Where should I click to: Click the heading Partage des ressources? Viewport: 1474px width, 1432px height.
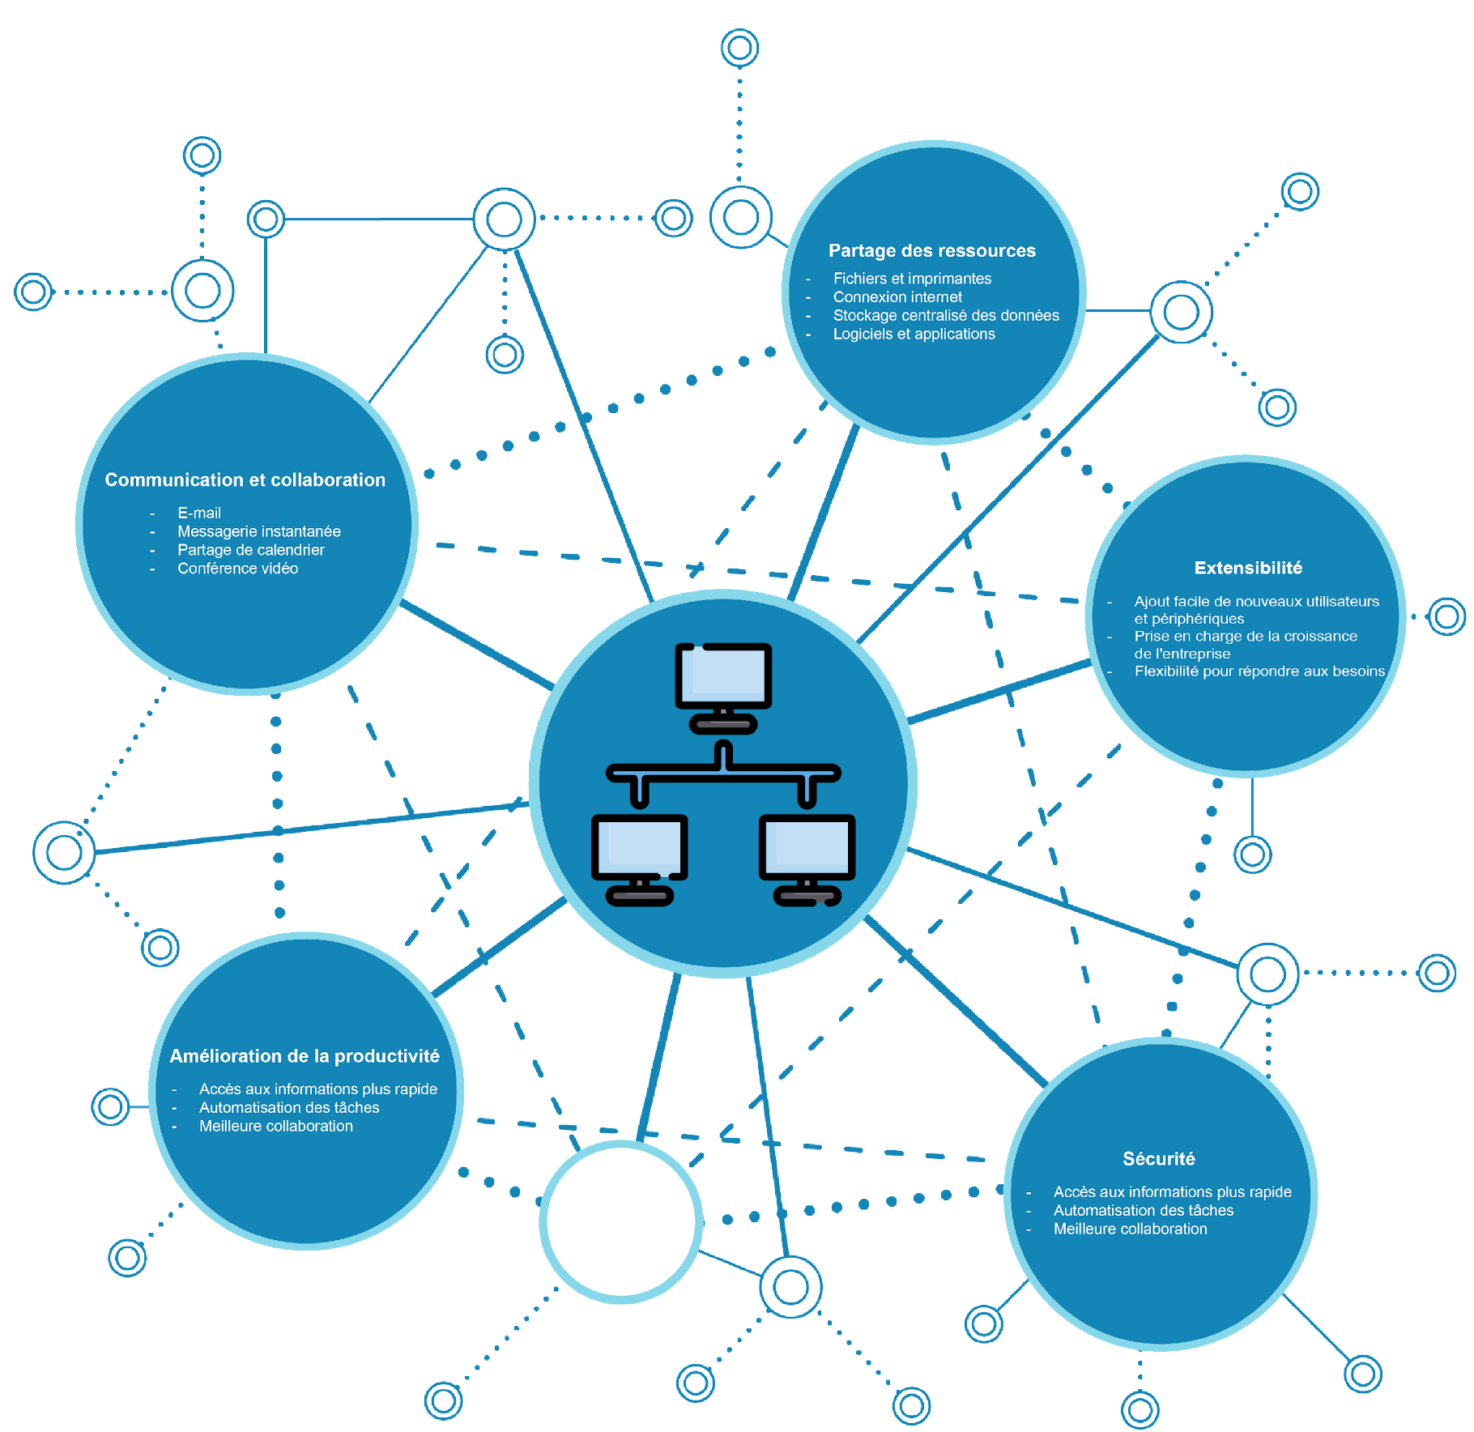click(931, 250)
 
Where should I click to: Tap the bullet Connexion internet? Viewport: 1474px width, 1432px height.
click(897, 297)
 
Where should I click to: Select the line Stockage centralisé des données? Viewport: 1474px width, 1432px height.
click(945, 316)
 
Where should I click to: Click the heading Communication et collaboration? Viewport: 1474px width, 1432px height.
click(245, 479)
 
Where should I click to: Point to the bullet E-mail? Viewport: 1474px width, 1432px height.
click(199, 513)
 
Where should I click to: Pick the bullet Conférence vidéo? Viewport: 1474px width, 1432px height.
click(237, 569)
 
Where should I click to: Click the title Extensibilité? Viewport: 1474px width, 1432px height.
click(1247, 568)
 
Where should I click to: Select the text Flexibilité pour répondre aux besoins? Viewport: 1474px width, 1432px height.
click(1259, 671)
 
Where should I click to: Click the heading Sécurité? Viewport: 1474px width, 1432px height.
click(1158, 1158)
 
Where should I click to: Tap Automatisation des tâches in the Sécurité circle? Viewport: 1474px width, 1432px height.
click(1143, 1210)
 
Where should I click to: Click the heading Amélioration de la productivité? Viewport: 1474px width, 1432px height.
click(305, 1055)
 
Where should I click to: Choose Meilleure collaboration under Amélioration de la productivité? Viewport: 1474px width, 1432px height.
click(276, 1126)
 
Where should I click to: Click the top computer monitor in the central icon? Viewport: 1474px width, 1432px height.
click(723, 676)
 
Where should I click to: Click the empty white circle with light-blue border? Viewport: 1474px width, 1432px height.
click(621, 1221)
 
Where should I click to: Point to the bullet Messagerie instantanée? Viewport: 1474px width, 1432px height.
click(259, 531)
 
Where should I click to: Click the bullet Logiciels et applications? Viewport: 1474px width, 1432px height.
click(914, 335)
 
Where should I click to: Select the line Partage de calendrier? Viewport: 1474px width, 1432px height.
click(251, 550)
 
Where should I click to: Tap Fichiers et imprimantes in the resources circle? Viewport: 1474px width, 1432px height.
click(912, 279)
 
